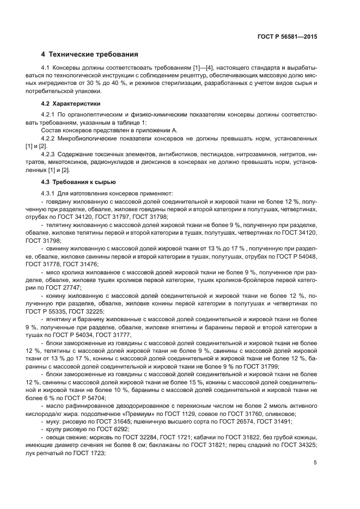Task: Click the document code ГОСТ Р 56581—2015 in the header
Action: [x=286, y=37]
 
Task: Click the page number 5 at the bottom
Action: [x=315, y=463]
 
